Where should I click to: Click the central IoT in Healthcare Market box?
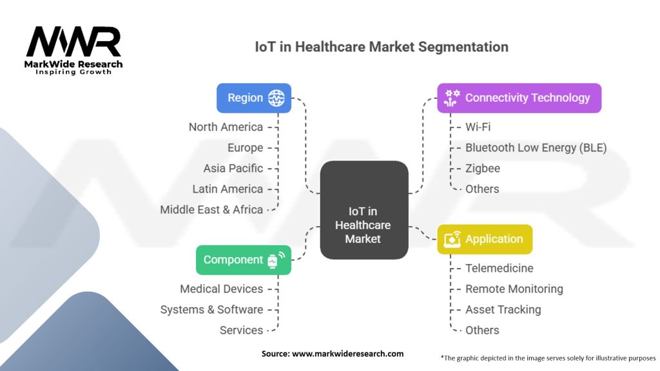click(x=364, y=210)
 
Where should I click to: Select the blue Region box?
click(x=253, y=98)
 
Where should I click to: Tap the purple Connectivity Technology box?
click(x=519, y=98)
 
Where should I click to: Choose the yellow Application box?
click(x=485, y=239)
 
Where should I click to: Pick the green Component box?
click(x=243, y=260)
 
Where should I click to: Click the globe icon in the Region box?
click(x=276, y=98)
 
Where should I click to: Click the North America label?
click(x=226, y=127)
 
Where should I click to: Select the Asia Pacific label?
click(x=233, y=168)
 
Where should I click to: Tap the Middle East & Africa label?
click(x=211, y=209)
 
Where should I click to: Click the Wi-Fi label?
click(x=478, y=127)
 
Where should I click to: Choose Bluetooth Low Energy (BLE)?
click(x=536, y=147)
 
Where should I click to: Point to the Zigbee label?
click(x=483, y=168)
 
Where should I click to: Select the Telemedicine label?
click(x=500, y=268)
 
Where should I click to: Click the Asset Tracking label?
click(x=503, y=309)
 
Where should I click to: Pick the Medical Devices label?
click(x=222, y=289)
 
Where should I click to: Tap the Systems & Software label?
click(x=211, y=309)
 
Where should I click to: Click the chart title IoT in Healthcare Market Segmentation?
click(x=382, y=47)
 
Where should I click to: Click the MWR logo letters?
click(x=73, y=42)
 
